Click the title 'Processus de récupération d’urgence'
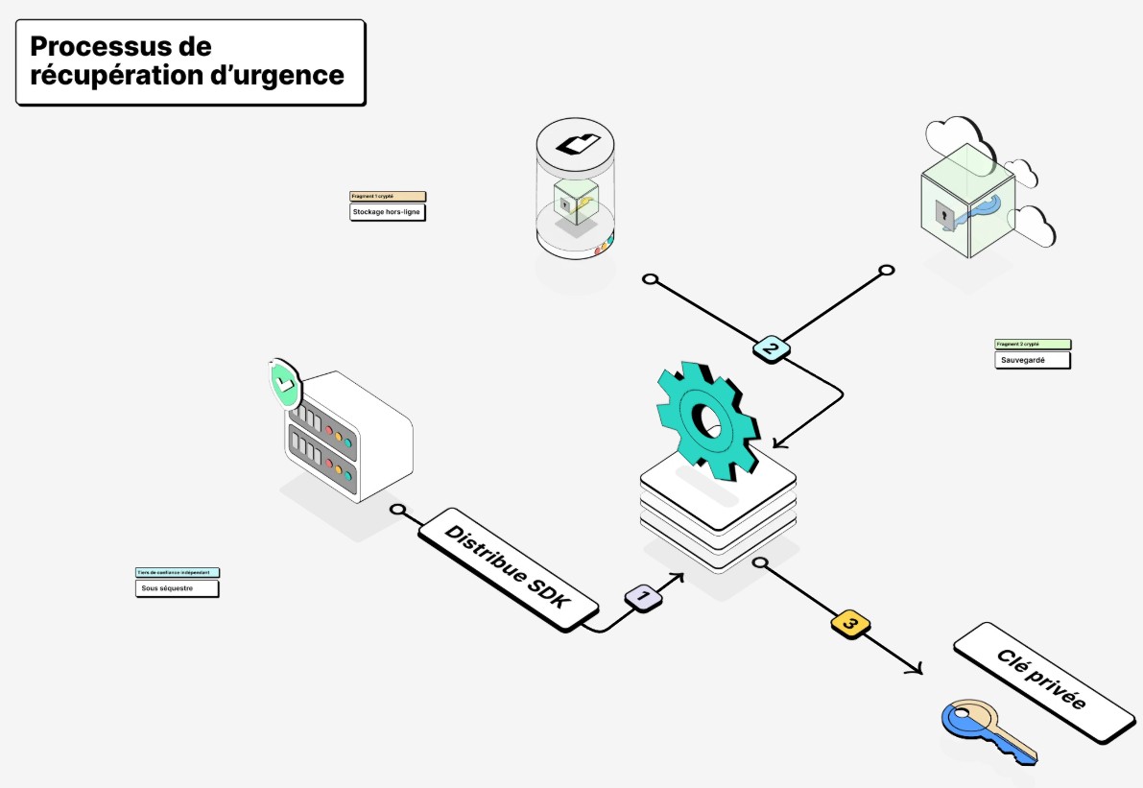coord(189,61)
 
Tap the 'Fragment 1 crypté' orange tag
coord(387,196)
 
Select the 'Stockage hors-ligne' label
coord(387,212)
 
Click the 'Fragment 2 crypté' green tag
coord(1032,344)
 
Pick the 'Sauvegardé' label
coord(1032,361)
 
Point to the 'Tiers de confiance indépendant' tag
coord(178,572)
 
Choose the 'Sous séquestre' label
coord(178,588)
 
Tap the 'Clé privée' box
coord(1043,681)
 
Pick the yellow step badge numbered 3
coord(849,624)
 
